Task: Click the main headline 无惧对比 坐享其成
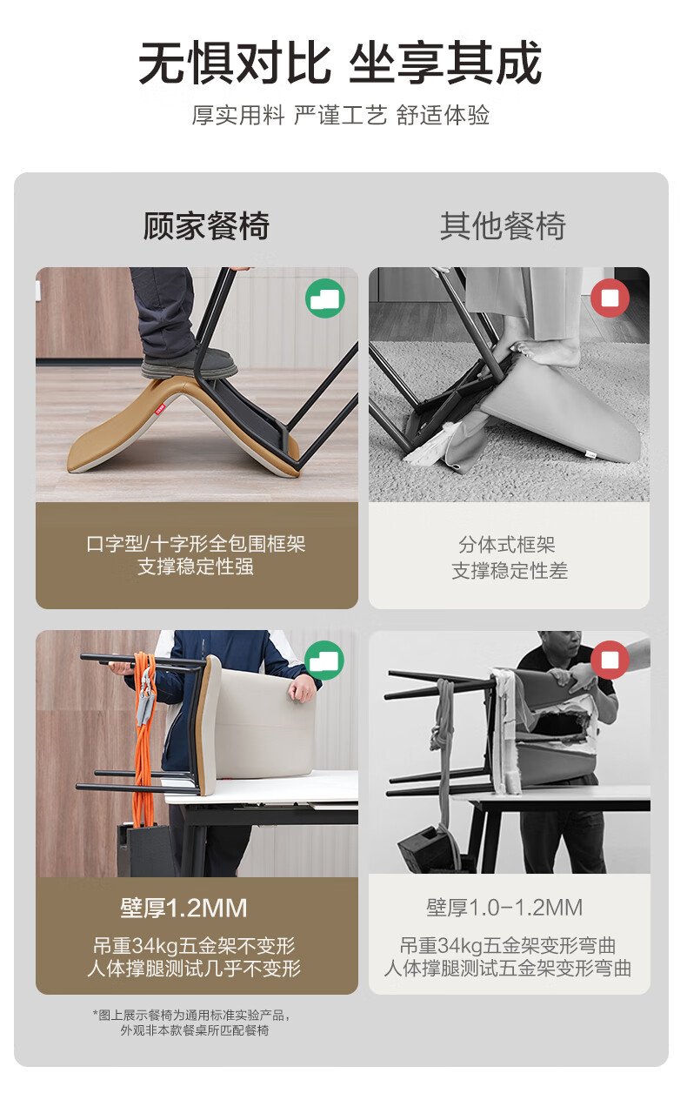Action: pyautogui.click(x=340, y=63)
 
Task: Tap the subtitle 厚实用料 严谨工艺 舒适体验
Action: pyautogui.click(x=341, y=116)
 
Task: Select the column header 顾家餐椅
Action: pyautogui.click(x=206, y=226)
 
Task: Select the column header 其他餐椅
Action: pyautogui.click(x=503, y=226)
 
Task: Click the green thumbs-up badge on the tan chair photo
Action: pyautogui.click(x=325, y=298)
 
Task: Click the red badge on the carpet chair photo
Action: pyautogui.click(x=610, y=298)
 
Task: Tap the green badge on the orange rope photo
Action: pyautogui.click(x=323, y=661)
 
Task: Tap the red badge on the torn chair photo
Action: pyautogui.click(x=610, y=660)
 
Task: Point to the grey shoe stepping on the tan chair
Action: pyautogui.click(x=189, y=364)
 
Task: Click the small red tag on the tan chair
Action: pyautogui.click(x=159, y=408)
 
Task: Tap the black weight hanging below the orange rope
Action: pyautogui.click(x=143, y=850)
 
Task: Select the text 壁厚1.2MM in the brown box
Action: pyautogui.click(x=184, y=908)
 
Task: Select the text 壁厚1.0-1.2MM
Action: pyautogui.click(x=504, y=908)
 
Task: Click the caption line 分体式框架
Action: pyautogui.click(x=507, y=545)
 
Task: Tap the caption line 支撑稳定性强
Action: pyautogui.click(x=196, y=567)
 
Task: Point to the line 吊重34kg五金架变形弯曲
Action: pyautogui.click(x=508, y=945)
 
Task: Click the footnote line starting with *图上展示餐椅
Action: pyautogui.click(x=191, y=1015)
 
